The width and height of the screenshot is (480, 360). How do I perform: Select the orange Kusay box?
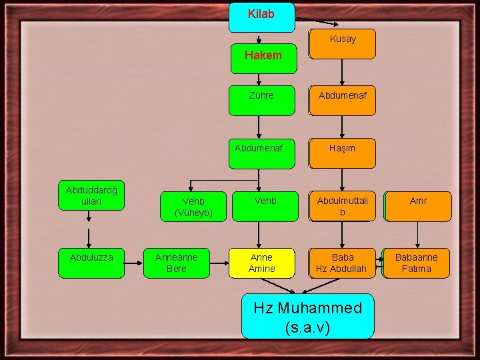tap(342, 43)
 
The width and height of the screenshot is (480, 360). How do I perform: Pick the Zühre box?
tap(261, 100)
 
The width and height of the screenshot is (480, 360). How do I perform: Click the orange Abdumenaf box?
tap(342, 100)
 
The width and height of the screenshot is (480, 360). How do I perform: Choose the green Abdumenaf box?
tap(261, 153)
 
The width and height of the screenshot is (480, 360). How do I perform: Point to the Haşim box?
tap(342, 153)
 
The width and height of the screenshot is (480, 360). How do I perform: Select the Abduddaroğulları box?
tap(91, 195)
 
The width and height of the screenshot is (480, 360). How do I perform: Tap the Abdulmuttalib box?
tap(342, 206)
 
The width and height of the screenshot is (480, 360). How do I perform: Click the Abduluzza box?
tap(91, 263)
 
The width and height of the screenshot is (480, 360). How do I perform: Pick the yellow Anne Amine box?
tap(261, 263)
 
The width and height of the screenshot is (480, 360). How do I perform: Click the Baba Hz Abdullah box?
tap(342, 263)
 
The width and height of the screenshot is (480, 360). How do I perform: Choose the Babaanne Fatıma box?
tap(417, 263)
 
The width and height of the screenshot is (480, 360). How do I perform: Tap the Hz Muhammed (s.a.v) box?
tap(307, 316)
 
